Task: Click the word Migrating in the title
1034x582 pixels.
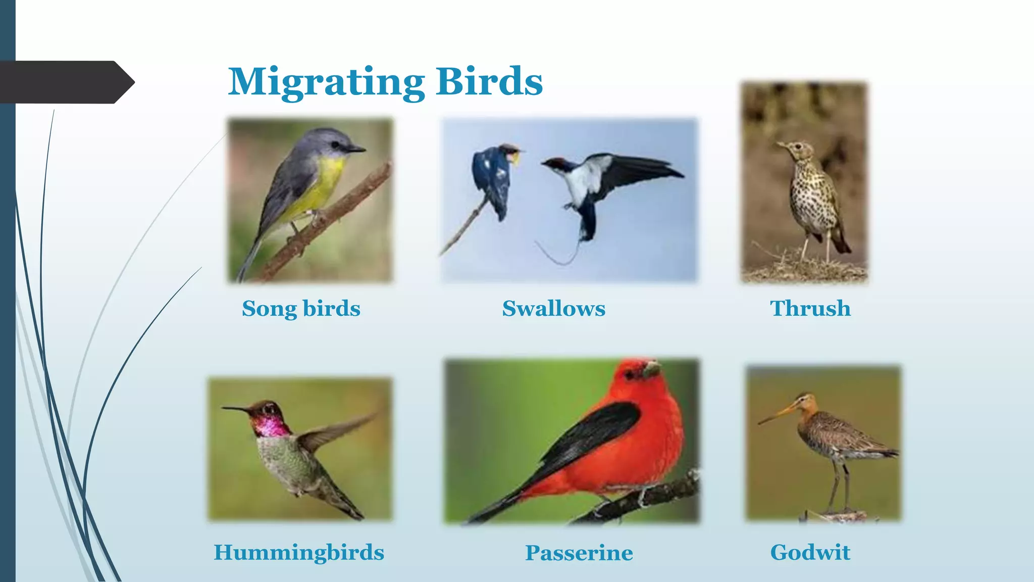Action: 326,82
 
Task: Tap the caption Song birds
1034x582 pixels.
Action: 301,308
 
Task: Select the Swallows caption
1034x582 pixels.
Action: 553,308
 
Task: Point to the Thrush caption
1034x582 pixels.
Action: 810,308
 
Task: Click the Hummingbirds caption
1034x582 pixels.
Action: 299,552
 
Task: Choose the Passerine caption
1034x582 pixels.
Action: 579,553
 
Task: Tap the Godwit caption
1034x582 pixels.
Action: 810,552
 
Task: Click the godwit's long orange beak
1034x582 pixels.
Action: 778,415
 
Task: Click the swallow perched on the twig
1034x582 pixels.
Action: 492,177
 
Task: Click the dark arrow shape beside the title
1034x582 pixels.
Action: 66,82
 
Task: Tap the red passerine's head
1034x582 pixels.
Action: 639,374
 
